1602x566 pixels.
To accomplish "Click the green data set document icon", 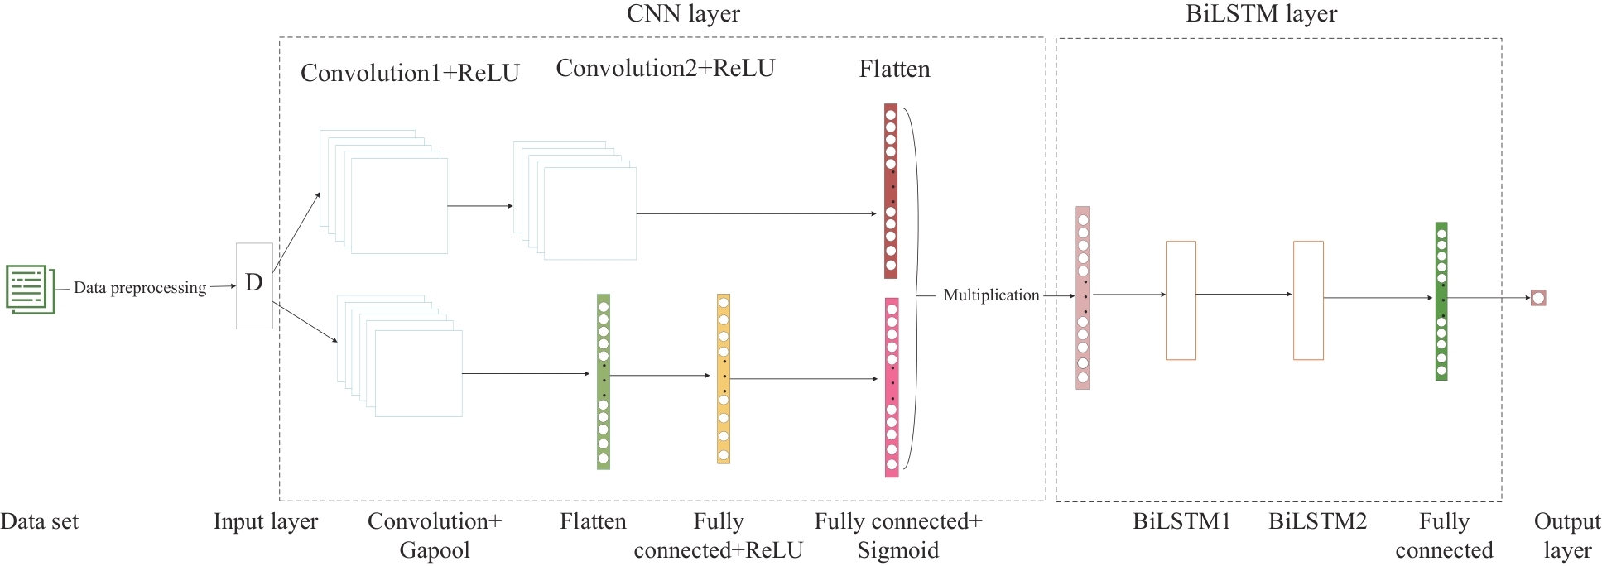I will pyautogui.click(x=30, y=289).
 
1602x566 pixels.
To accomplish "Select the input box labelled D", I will pyautogui.click(x=254, y=285).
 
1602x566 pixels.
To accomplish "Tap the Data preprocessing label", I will pyautogui.click(x=140, y=288).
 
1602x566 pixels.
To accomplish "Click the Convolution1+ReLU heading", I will pyautogui.click(x=410, y=74).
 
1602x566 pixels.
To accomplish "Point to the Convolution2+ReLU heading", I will pyautogui.click(x=665, y=69).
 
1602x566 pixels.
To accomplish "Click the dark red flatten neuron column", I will pyautogui.click(x=891, y=190).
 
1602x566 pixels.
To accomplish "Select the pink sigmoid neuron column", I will pyautogui.click(x=892, y=387).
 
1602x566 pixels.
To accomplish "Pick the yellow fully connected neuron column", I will pyautogui.click(x=724, y=379).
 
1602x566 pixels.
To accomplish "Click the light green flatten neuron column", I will pyautogui.click(x=604, y=381).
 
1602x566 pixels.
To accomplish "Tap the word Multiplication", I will pyautogui.click(x=991, y=295).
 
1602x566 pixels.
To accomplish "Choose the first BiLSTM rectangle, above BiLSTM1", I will pyautogui.click(x=1181, y=300).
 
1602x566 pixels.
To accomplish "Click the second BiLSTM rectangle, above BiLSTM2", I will pyautogui.click(x=1308, y=300).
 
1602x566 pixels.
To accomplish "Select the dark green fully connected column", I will pyautogui.click(x=1441, y=301).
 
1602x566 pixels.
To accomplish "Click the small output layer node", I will pyautogui.click(x=1538, y=298).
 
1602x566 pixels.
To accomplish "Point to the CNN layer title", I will pyautogui.click(x=683, y=13).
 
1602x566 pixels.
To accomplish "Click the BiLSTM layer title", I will pyautogui.click(x=1261, y=13).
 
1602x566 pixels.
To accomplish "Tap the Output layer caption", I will pyautogui.click(x=1566, y=535).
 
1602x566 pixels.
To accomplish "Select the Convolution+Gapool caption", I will pyautogui.click(x=435, y=535).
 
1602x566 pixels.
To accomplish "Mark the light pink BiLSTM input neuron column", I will pyautogui.click(x=1083, y=298).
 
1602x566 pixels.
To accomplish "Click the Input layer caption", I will pyautogui.click(x=265, y=521).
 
